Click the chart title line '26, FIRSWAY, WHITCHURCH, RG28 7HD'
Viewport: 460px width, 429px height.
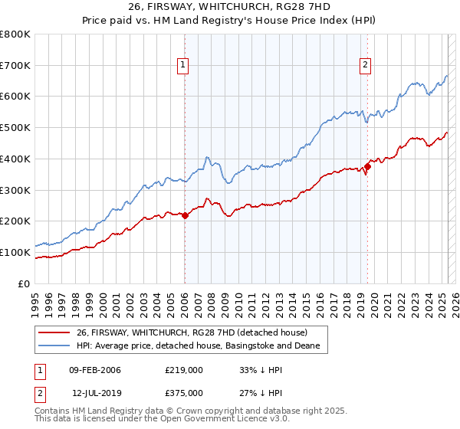point(230,7)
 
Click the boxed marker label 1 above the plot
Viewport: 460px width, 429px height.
point(184,66)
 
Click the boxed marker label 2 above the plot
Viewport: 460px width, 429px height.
point(366,66)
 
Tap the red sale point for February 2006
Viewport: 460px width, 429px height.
point(185,215)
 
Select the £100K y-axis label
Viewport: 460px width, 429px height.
point(16,252)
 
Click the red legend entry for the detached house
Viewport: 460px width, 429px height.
point(192,332)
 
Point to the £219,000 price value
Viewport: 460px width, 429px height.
point(183,370)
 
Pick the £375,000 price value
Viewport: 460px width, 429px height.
point(183,393)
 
